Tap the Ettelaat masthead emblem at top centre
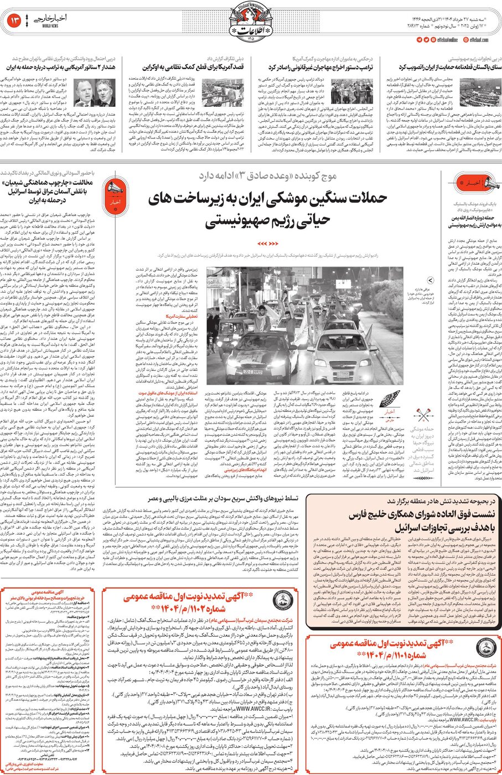click(251, 22)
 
